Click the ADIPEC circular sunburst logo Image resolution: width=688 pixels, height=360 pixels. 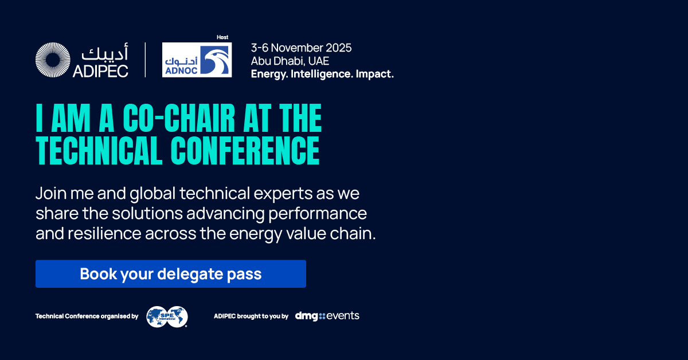pyautogui.click(x=53, y=60)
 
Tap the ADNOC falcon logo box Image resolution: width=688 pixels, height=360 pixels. pyautogui.click(x=197, y=60)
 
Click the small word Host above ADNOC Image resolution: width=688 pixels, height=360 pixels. pyautogui.click(x=222, y=37)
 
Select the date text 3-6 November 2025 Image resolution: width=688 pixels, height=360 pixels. pyautogui.click(x=301, y=48)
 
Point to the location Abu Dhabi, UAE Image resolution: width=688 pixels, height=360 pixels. pyautogui.click(x=290, y=61)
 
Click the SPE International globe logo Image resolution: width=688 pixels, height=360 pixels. pyautogui.click(x=167, y=316)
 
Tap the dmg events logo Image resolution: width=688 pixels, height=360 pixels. pyautogui.click(x=327, y=316)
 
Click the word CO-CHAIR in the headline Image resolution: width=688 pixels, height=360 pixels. pyautogui.click(x=179, y=118)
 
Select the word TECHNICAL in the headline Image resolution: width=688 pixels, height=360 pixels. pyautogui.click(x=99, y=151)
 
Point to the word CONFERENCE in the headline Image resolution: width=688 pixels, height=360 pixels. pyautogui.click(x=245, y=151)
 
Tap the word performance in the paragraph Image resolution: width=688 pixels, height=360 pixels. pyautogui.click(x=318, y=214)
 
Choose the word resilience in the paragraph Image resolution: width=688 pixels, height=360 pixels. pyautogui.click(x=104, y=233)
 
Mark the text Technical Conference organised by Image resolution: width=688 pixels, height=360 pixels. pyautogui.click(x=87, y=316)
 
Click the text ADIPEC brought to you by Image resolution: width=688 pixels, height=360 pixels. pyautogui.click(x=251, y=316)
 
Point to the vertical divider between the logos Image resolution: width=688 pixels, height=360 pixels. pyautogui.click(x=145, y=60)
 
